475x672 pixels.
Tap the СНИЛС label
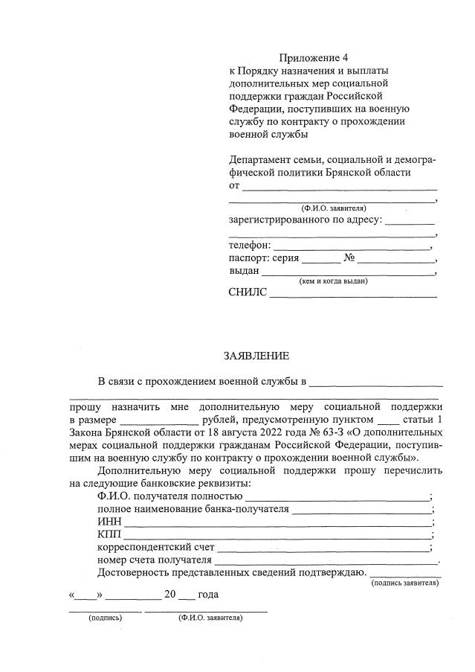coord(247,292)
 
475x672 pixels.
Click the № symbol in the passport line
coord(349,258)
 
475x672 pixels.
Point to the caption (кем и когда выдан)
coord(333,281)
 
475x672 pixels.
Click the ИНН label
coord(109,522)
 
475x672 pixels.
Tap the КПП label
coord(109,535)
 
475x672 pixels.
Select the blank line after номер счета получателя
coord(326,563)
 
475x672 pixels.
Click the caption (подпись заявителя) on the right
coord(404,583)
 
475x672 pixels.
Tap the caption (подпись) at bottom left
coord(105,618)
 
